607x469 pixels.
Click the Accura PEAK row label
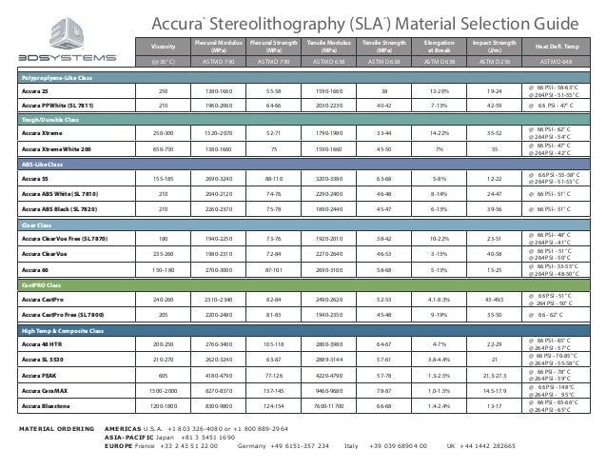click(39, 376)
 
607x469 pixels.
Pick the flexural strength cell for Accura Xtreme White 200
click(273, 148)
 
